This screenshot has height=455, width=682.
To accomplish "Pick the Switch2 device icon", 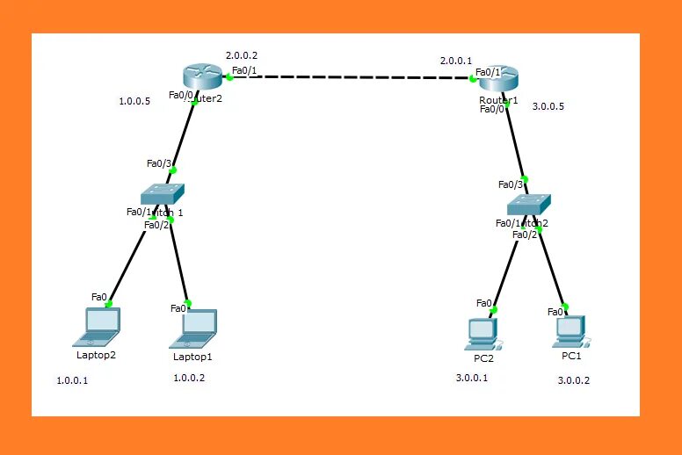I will [x=529, y=204].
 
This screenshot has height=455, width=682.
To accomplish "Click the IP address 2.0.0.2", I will [x=242, y=55].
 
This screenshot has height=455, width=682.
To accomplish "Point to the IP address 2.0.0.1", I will [x=456, y=61].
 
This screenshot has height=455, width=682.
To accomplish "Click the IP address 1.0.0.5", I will [x=134, y=101].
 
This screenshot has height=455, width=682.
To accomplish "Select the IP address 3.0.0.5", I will [x=548, y=106].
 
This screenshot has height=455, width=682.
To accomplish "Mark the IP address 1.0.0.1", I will [x=72, y=380].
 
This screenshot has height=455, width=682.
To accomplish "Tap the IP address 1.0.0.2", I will [x=189, y=378].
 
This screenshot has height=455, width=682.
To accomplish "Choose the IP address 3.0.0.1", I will [x=471, y=378].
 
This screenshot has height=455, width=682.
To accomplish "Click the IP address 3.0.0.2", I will [x=574, y=380].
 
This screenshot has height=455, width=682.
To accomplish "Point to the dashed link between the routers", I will [x=352, y=77].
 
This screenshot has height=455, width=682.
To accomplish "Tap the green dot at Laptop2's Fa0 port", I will [x=110, y=305].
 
